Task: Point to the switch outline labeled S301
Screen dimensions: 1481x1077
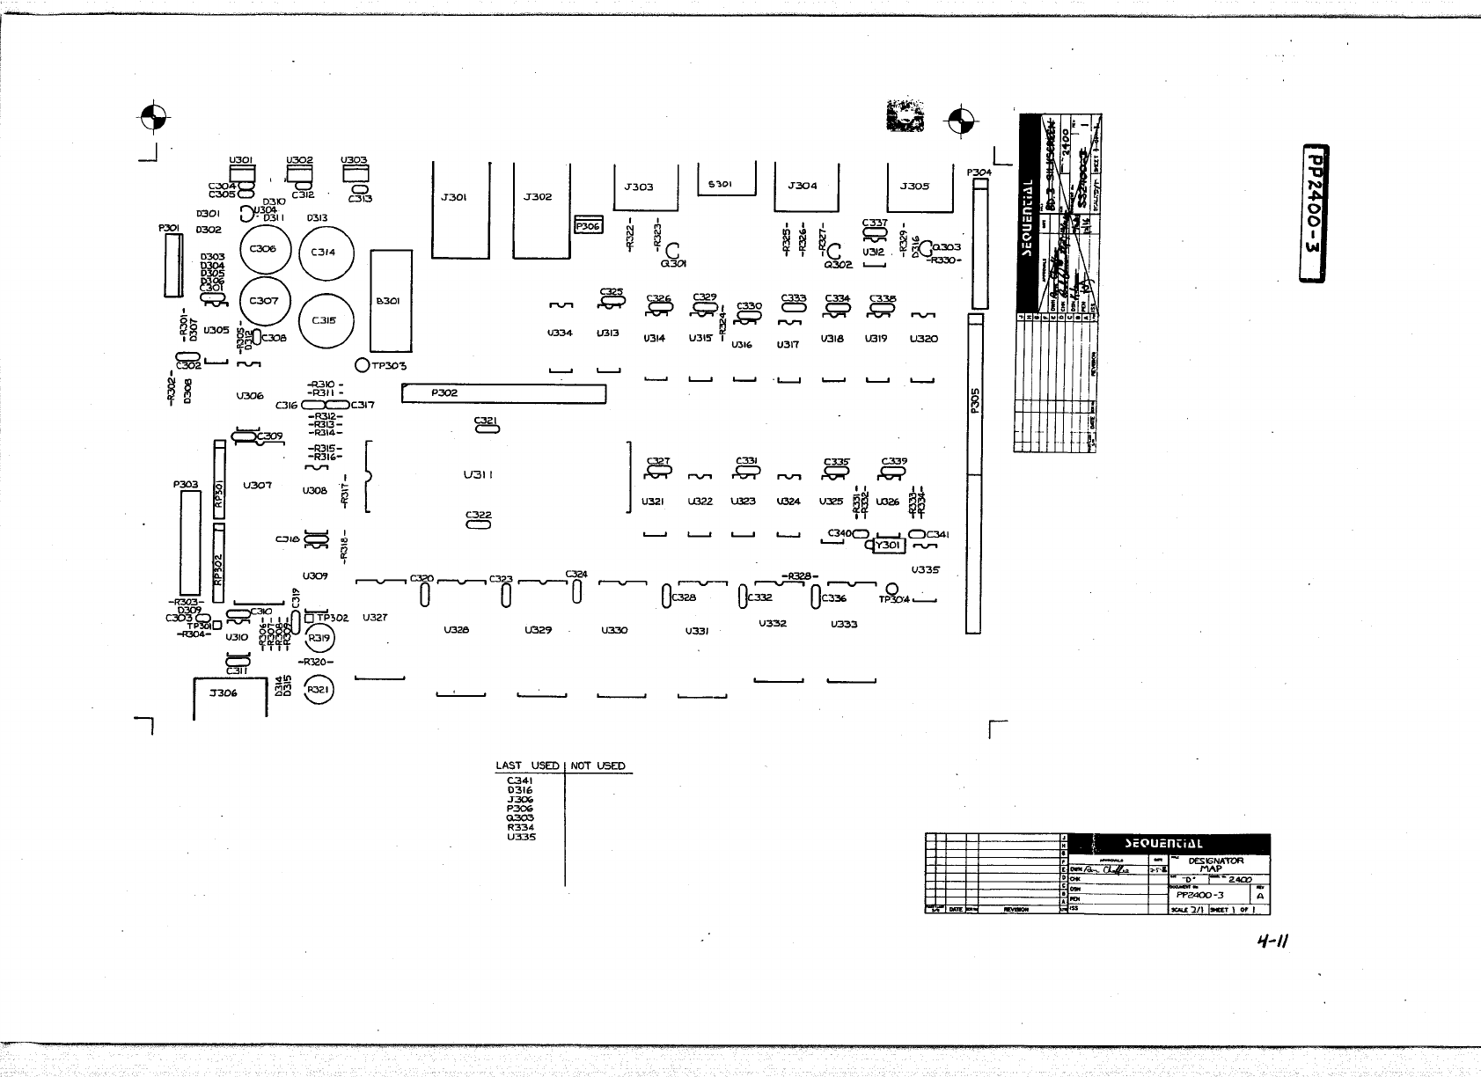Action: pos(727,182)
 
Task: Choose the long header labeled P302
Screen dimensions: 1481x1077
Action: pos(503,393)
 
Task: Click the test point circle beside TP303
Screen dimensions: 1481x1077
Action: pos(362,365)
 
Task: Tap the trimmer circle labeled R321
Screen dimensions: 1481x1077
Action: pos(318,692)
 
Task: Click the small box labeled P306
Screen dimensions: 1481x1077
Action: pos(587,226)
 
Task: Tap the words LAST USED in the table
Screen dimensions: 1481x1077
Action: pos(527,766)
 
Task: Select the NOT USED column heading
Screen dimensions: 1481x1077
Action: pos(598,766)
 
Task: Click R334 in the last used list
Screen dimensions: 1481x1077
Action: pos(521,827)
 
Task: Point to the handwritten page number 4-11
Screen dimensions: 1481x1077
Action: pos(1272,941)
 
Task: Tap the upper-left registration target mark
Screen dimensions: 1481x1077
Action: pos(153,116)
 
